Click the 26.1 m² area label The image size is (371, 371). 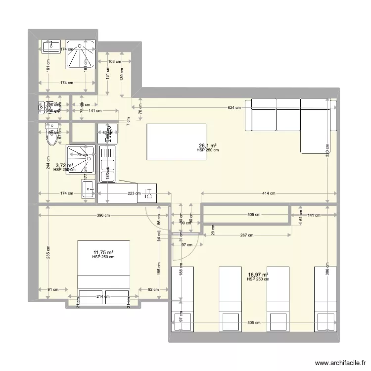click(x=207, y=145)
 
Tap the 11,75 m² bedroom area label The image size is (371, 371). click(x=103, y=252)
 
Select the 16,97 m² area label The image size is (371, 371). click(x=258, y=275)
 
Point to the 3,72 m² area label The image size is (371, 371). click(x=64, y=166)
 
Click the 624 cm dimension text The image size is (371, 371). click(x=234, y=107)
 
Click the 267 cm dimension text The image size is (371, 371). click(x=247, y=235)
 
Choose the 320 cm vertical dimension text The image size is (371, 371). click(x=327, y=150)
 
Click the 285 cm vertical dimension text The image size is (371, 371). click(x=48, y=252)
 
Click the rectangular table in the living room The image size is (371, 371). click(x=176, y=142)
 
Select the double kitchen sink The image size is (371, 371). click(x=107, y=163)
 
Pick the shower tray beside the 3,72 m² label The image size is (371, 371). click(x=81, y=159)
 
